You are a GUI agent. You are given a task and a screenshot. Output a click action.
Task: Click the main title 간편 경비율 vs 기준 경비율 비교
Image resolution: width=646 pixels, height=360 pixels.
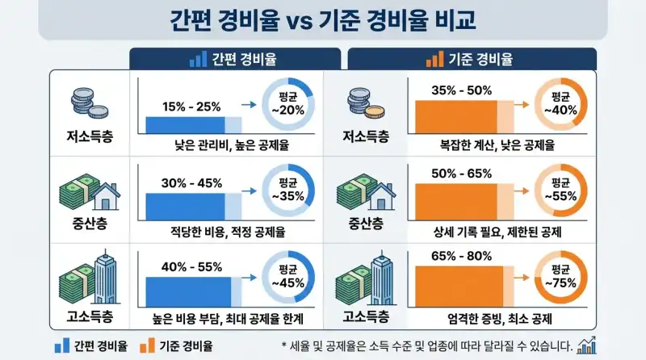click(323, 19)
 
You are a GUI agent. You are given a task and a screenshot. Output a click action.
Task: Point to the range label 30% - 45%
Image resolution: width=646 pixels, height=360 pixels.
click(191, 182)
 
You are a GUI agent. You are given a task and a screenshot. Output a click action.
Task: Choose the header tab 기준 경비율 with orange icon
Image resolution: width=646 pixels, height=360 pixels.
click(472, 60)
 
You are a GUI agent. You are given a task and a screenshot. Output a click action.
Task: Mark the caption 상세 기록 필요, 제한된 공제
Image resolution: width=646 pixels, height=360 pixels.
click(486, 232)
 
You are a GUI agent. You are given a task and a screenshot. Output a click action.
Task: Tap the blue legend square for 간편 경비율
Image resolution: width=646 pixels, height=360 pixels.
click(58, 346)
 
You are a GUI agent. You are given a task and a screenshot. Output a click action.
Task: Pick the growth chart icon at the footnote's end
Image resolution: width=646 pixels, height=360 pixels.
click(587, 345)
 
